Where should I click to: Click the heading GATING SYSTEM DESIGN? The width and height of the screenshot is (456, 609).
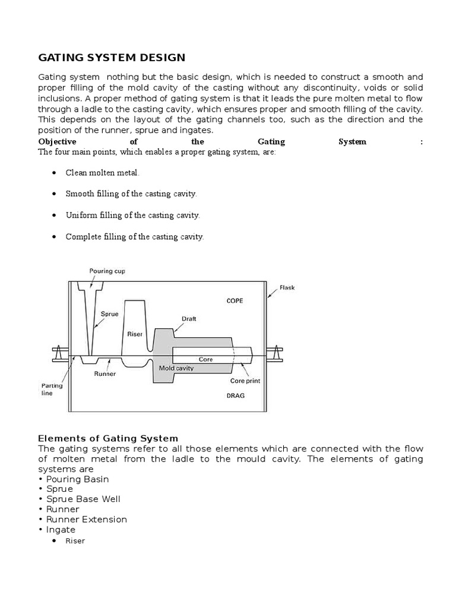[x=112, y=58]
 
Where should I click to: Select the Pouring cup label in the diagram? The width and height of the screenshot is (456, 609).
[x=107, y=271]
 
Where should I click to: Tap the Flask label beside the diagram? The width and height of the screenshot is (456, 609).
[x=287, y=288]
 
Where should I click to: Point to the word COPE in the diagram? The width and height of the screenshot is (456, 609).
[x=235, y=300]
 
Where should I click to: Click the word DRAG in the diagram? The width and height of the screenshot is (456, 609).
[x=235, y=395]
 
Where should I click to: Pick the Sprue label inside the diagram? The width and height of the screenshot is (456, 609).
[x=109, y=313]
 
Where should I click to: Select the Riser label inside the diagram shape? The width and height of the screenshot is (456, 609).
[x=135, y=334]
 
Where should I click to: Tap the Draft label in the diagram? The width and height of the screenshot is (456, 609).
[x=189, y=319]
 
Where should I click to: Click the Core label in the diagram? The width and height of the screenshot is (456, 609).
[x=205, y=359]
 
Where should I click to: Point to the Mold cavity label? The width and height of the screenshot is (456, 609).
[x=177, y=368]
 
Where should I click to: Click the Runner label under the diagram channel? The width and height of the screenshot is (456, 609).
[x=104, y=374]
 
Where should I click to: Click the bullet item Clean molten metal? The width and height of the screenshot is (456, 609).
[x=102, y=172]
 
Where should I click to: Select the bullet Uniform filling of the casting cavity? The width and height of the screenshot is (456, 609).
[x=133, y=215]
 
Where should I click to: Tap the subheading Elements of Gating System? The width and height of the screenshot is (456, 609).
[x=108, y=438]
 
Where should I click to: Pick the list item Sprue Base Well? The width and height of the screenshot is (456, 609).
[x=83, y=499]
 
